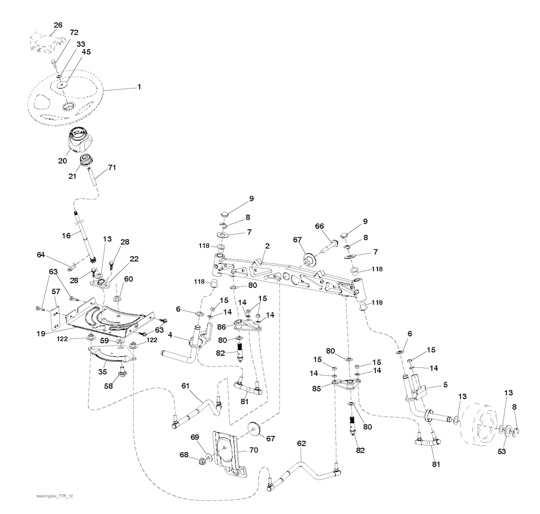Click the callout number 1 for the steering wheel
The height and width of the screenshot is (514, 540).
[x=139, y=87]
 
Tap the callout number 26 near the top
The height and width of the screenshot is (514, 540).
[x=58, y=25]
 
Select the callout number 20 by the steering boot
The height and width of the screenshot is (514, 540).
[x=62, y=161]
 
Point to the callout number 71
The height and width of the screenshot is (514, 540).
[x=112, y=168]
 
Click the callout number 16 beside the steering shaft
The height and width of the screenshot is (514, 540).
[x=66, y=236]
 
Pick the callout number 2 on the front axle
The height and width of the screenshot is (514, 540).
[x=267, y=246]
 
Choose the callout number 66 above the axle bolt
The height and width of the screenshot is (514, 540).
[x=320, y=226]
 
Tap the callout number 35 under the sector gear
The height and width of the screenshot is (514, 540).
[x=102, y=372]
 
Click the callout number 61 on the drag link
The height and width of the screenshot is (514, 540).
[x=185, y=386]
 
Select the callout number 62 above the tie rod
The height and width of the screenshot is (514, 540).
[x=301, y=443]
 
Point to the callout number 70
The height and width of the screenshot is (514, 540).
[x=254, y=450]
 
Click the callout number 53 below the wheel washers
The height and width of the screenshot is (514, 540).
[x=502, y=451]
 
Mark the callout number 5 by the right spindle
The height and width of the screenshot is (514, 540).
[x=445, y=384]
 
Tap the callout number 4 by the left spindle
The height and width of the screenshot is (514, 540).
[x=170, y=335]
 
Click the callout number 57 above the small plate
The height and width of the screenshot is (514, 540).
[x=56, y=292]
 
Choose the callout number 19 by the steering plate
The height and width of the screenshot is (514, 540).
[x=41, y=333]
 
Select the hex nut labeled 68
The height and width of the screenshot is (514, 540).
[x=202, y=460]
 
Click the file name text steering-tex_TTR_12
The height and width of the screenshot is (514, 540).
[x=54, y=496]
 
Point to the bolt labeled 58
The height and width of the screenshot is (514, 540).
[x=121, y=371]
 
